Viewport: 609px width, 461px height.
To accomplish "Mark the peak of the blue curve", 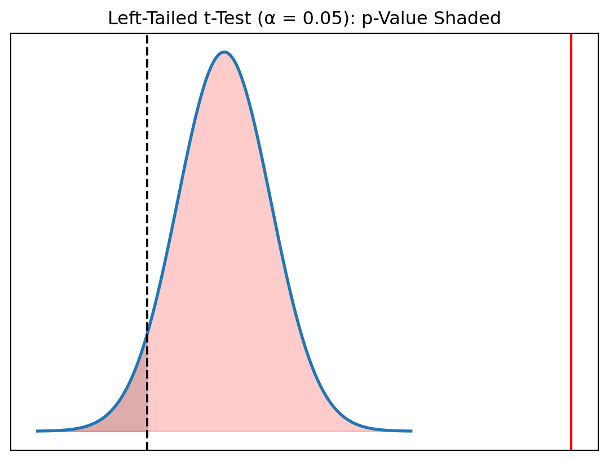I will tap(224, 52).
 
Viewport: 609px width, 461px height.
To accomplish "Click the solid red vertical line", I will tap(571, 226).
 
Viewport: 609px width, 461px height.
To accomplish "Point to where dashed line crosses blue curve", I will tap(147, 333).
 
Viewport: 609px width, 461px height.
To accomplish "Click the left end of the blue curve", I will tap(37, 431).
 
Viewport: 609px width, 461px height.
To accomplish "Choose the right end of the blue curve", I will tap(411, 431).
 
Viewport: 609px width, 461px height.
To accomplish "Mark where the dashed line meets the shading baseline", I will tap(147, 431).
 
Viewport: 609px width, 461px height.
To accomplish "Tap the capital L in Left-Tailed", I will tap(112, 19).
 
